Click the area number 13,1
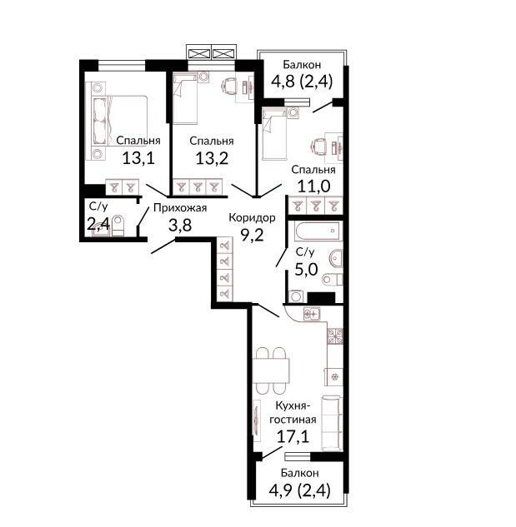click(138, 158)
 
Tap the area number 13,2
click(212, 158)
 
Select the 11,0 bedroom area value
click(313, 186)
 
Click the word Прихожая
click(180, 208)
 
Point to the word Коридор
click(252, 218)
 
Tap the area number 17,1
click(293, 437)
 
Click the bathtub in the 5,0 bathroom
click(318, 231)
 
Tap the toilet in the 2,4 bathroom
click(118, 226)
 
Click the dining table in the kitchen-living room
click(271, 370)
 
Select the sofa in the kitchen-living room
click(332, 423)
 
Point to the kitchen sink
click(312, 314)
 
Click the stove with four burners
click(335, 336)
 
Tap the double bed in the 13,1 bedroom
click(120, 121)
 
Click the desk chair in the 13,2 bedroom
click(229, 87)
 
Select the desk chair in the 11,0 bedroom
click(318, 147)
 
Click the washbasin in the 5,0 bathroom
click(336, 259)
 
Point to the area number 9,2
click(252, 236)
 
